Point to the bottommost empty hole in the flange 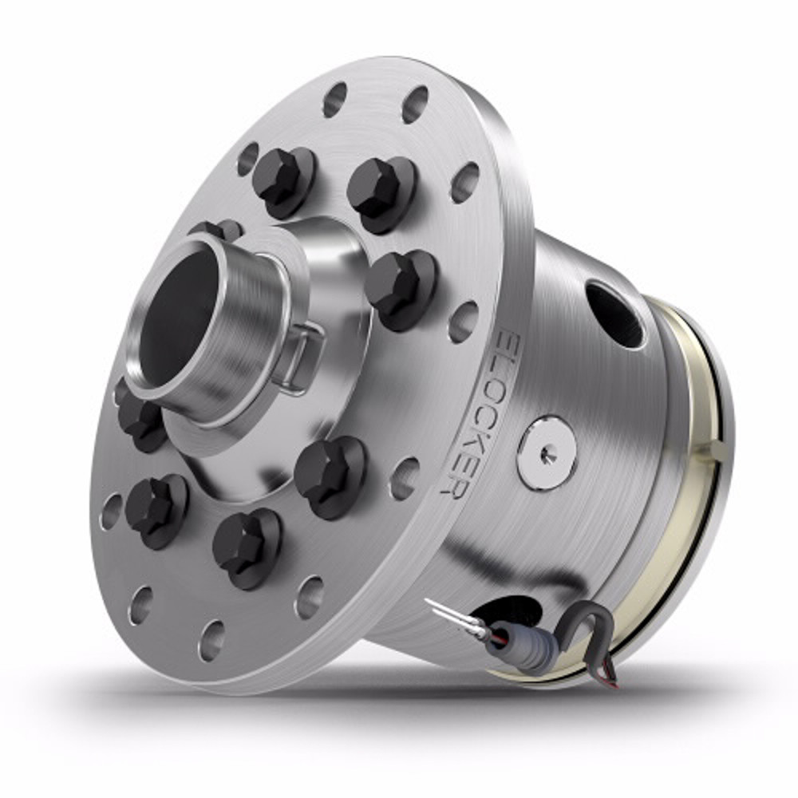click(x=211, y=639)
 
